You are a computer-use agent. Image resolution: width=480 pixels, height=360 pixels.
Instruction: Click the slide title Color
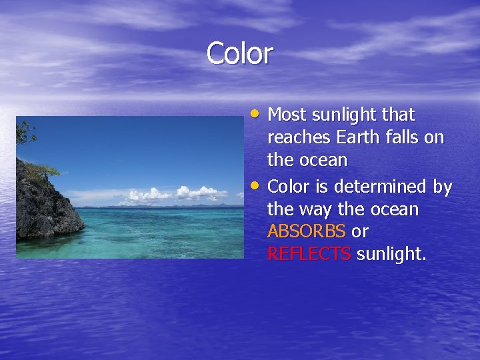click(x=239, y=53)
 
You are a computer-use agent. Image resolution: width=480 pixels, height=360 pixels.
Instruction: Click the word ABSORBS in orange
click(x=306, y=232)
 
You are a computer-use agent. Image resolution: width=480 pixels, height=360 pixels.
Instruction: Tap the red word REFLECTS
click(x=309, y=254)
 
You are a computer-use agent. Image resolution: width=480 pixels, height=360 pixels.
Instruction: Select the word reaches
click(x=299, y=138)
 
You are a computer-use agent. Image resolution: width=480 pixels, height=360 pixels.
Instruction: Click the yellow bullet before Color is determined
click(x=256, y=186)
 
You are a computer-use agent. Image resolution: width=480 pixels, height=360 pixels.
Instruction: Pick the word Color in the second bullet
click(x=288, y=187)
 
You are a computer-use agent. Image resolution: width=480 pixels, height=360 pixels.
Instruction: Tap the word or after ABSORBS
click(x=361, y=232)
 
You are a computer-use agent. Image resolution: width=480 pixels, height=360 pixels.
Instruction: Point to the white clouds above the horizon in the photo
click(x=173, y=195)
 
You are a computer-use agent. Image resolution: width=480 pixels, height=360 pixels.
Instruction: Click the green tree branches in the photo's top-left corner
click(x=26, y=133)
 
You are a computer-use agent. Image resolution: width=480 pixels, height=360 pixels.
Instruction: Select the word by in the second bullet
click(x=442, y=187)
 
